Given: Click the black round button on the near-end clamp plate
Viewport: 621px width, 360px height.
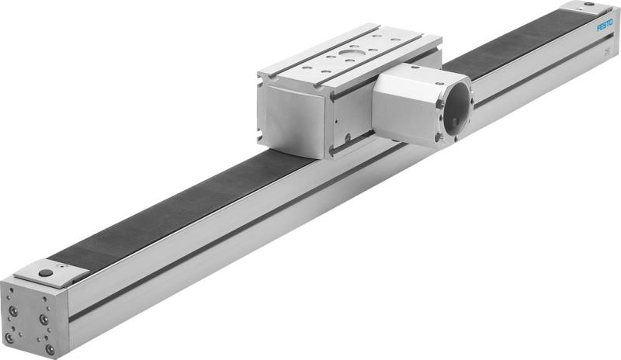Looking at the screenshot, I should coord(47,272).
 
